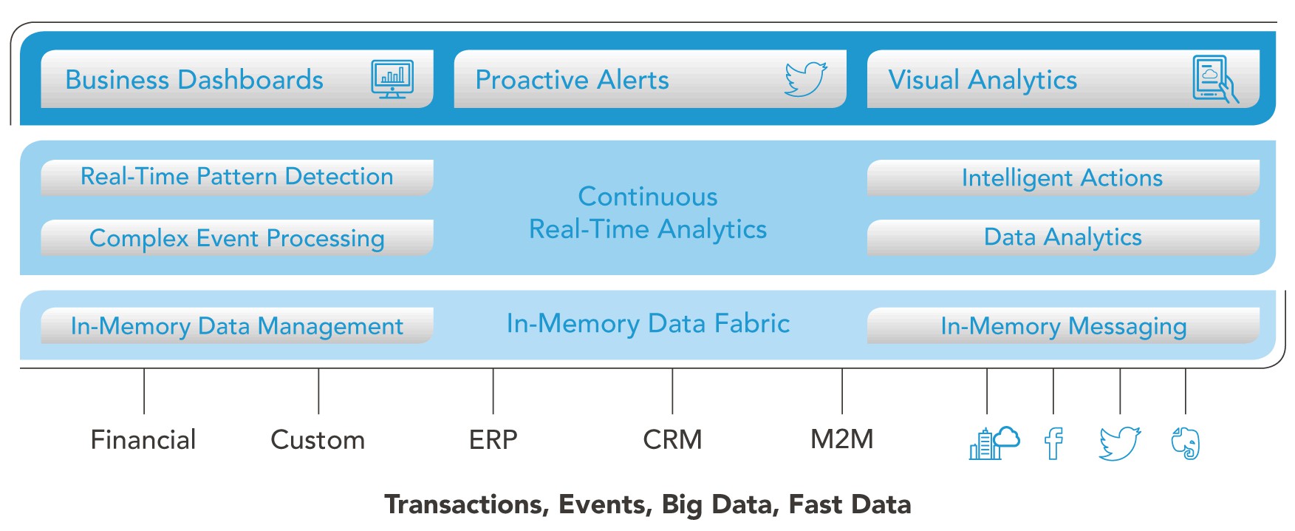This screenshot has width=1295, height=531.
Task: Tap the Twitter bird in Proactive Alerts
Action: [x=805, y=79]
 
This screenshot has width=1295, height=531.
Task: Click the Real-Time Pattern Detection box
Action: [x=236, y=177]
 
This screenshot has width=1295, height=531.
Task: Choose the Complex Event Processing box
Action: [x=236, y=237]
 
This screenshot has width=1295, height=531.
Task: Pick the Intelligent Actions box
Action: [x=1063, y=177]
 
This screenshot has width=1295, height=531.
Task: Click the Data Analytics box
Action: [x=1063, y=237]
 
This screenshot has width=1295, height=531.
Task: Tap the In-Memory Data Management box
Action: [x=236, y=325]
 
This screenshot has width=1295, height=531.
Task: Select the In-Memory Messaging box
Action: [x=1063, y=325]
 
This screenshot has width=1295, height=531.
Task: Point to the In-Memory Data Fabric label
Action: [x=648, y=324]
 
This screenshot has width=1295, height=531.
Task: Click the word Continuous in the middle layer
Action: [x=648, y=197]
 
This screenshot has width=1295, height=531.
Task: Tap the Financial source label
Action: [x=143, y=440]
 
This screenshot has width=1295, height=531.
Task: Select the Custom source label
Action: [x=318, y=440]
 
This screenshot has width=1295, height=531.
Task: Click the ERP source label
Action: [x=493, y=440]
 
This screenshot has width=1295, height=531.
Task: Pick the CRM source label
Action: [x=672, y=440]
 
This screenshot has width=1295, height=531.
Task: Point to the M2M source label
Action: [x=842, y=439]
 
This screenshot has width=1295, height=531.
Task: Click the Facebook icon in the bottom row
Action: [x=1053, y=444]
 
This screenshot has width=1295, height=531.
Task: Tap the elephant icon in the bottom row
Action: [x=1186, y=444]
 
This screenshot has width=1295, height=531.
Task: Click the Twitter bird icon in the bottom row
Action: [x=1120, y=444]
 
